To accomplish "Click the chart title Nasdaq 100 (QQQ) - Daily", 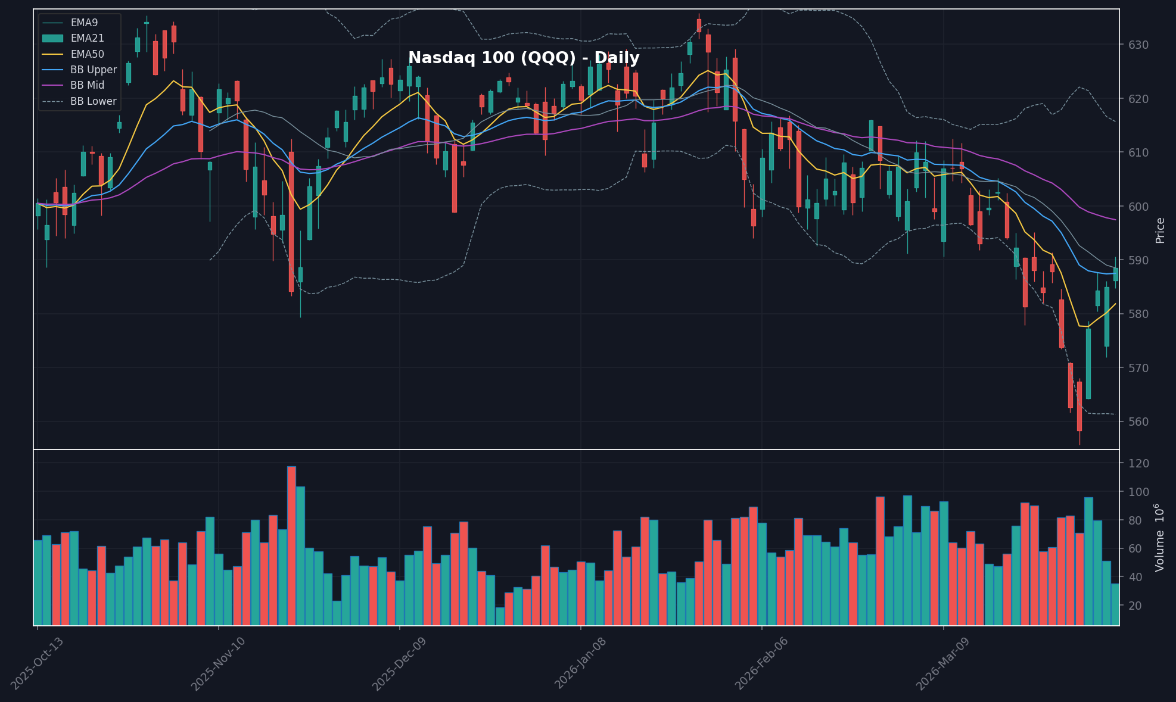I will point(524,58).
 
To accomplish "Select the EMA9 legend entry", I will point(84,23).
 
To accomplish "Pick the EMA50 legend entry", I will point(87,54).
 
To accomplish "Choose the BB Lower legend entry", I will point(93,101).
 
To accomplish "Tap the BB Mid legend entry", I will point(87,85).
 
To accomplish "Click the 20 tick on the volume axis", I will point(1135,606).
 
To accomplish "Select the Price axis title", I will point(1160,230).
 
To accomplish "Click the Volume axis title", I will point(1160,538).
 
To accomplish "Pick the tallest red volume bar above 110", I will point(291,545).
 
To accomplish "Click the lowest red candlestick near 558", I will point(1079,407).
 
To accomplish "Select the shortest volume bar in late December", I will point(500,616).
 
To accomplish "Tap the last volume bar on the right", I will point(1115,604).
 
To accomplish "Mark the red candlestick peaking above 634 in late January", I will point(699,25).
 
